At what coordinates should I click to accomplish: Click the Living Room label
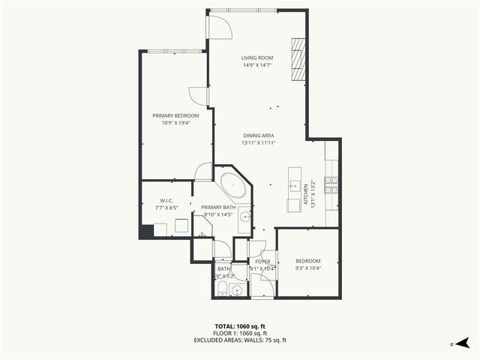pyautogui.click(x=256, y=58)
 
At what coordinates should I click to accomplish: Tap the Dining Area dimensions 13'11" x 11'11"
pyautogui.click(x=258, y=142)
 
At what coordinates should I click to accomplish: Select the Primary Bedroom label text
pyautogui.click(x=175, y=115)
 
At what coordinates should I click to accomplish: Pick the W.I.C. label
pyautogui.click(x=166, y=200)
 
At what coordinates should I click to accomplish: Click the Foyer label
pyautogui.click(x=262, y=262)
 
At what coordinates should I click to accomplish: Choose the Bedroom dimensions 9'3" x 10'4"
pyautogui.click(x=307, y=268)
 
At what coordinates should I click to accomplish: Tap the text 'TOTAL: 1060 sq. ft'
pyautogui.click(x=240, y=326)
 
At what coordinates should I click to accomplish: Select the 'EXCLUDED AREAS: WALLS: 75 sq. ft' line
pyautogui.click(x=240, y=340)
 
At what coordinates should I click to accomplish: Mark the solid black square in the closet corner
pyautogui.click(x=146, y=231)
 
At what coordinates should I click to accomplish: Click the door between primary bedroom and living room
pyautogui.click(x=199, y=97)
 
